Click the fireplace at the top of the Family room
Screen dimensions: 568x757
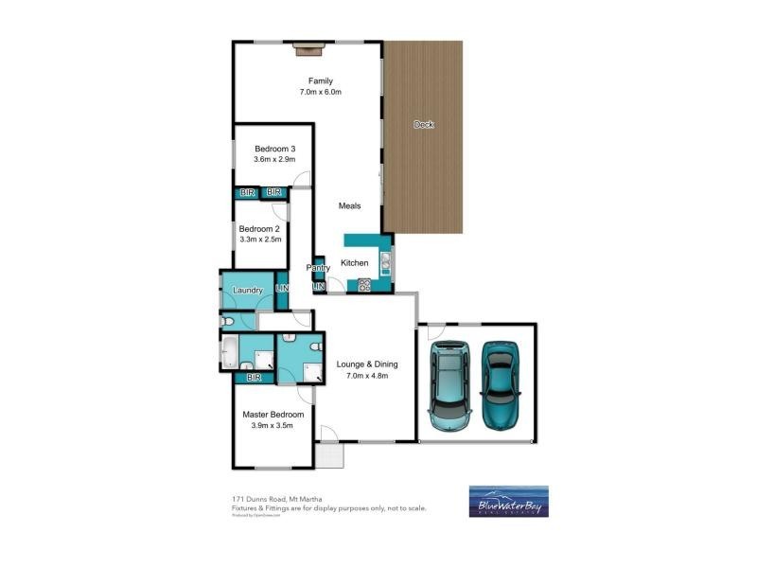(x=308, y=43)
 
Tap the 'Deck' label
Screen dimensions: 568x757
(x=423, y=124)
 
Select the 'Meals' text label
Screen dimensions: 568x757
(x=350, y=205)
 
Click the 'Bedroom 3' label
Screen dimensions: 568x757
(x=275, y=149)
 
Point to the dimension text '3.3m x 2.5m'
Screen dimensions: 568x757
(x=259, y=240)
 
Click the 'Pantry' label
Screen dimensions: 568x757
(x=318, y=268)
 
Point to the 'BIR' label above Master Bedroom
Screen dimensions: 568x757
(x=253, y=378)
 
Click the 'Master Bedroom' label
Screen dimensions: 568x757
(x=273, y=415)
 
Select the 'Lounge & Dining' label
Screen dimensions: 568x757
(x=367, y=364)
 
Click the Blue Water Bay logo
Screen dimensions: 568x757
(x=508, y=501)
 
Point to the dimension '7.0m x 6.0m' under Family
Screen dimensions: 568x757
(x=320, y=92)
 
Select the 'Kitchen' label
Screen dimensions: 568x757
(x=354, y=262)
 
